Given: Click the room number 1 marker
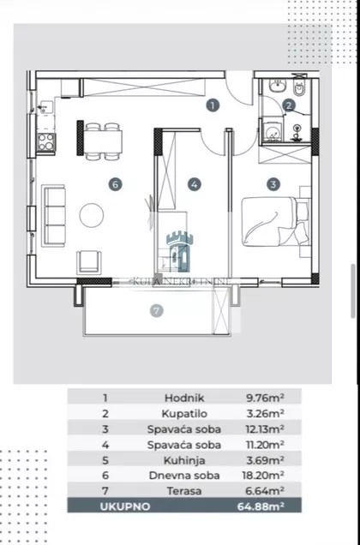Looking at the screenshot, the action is (213, 105).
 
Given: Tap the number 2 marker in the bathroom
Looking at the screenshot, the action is (289, 105).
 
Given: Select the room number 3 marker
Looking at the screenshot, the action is (273, 184).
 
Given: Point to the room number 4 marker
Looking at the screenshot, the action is (195, 184).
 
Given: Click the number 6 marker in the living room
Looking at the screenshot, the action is (115, 184).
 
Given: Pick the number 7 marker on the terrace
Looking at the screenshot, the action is (156, 310).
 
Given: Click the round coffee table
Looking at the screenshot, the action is (92, 215).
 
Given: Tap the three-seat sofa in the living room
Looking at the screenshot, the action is (53, 216).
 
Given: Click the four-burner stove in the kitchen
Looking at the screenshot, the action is (46, 141).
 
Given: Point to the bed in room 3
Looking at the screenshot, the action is (275, 222).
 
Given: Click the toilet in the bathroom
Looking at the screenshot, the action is (299, 87).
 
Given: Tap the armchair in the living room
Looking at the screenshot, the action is (89, 262).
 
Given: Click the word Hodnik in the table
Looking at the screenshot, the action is (184, 398).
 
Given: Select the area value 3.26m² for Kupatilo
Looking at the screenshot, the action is (265, 414).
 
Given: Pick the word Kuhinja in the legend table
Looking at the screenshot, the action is (184, 460).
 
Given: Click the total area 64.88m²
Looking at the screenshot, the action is (261, 506).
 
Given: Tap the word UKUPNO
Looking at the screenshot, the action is (125, 506).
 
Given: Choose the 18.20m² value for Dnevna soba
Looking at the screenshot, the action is (263, 475).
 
